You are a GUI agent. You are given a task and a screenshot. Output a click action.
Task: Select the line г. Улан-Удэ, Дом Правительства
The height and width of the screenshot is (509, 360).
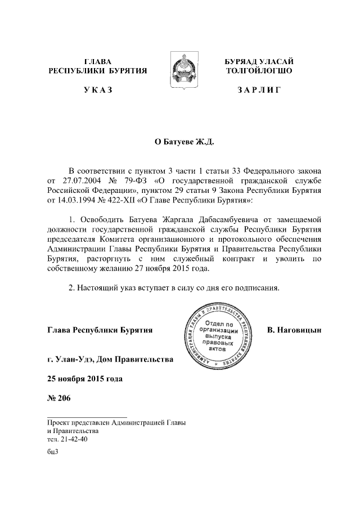(110, 358)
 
